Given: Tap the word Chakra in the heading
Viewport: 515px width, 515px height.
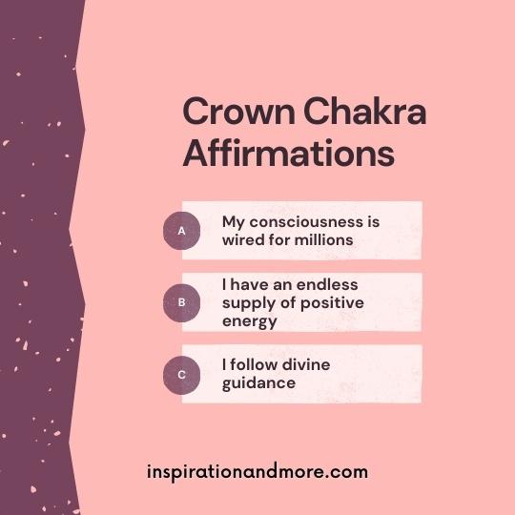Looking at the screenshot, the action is click(365, 111).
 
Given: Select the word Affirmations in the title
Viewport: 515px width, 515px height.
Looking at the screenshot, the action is click(288, 153).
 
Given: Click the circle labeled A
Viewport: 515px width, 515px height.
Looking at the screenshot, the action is click(181, 231).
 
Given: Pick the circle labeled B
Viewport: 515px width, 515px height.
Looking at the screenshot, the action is click(181, 302).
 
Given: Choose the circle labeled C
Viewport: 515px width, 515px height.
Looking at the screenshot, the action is click(181, 375).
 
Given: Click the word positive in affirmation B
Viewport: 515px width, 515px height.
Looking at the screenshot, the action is click(332, 303).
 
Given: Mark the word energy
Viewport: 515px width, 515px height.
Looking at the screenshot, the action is click(250, 322).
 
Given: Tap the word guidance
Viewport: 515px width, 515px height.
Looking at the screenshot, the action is click(258, 383).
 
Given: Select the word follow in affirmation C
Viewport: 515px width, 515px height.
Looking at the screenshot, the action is click(254, 364).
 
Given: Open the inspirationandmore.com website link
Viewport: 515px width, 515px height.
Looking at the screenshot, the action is click(257, 472).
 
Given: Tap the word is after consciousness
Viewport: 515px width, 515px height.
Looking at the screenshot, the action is click(372, 222).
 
